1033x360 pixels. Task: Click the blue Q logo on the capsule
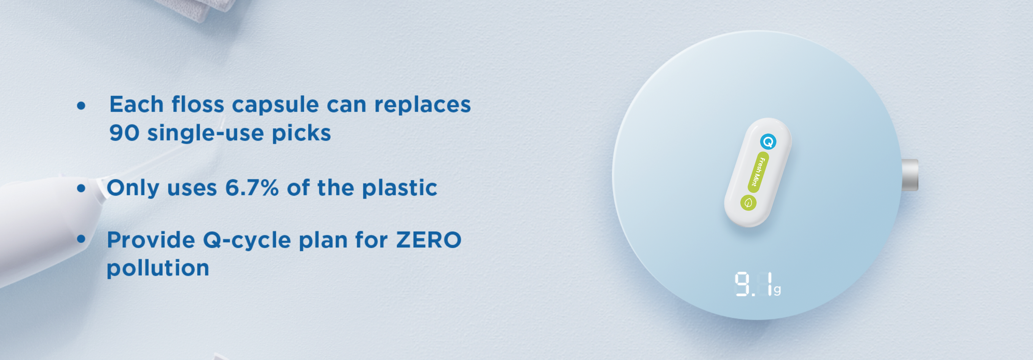click(768, 142)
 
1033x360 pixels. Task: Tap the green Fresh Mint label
click(758, 172)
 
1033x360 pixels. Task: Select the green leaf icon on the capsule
click(748, 203)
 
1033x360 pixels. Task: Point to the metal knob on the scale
click(910, 175)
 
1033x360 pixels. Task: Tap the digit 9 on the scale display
click(742, 284)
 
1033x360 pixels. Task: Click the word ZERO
click(429, 240)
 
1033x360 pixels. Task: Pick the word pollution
click(158, 268)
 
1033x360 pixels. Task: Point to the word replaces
click(423, 105)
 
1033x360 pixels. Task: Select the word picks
click(302, 133)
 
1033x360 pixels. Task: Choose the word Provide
click(151, 240)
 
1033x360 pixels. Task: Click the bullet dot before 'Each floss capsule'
click(81, 105)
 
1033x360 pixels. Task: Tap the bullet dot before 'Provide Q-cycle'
click(81, 239)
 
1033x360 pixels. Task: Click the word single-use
click(205, 133)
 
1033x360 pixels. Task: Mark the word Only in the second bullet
click(133, 188)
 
